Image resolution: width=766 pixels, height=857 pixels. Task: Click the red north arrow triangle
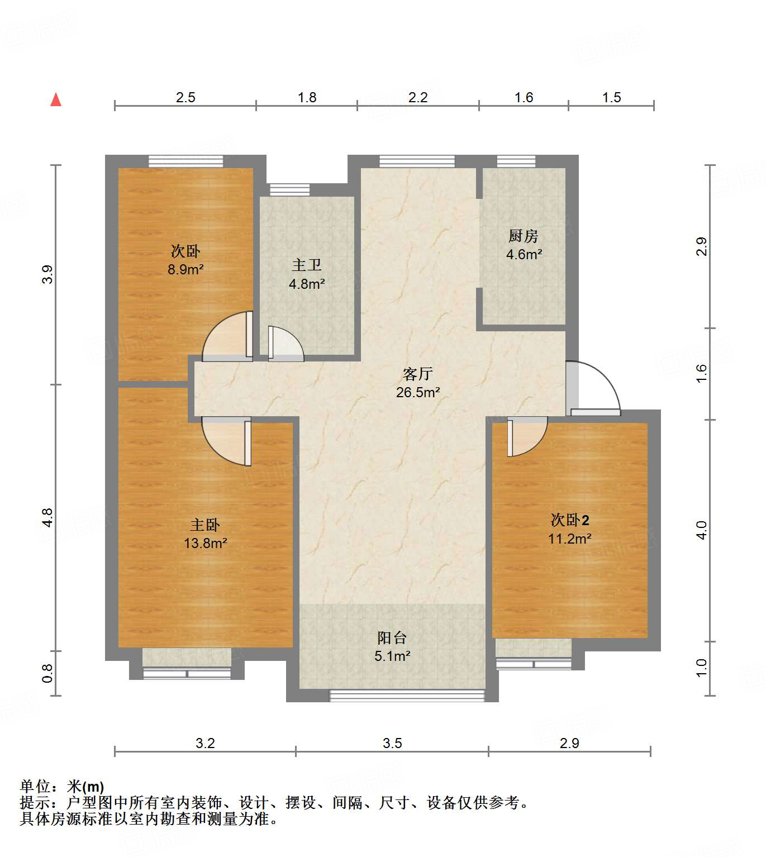point(56,100)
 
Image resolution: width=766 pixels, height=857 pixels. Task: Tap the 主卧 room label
point(205,525)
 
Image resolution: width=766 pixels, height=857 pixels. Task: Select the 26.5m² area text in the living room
point(418,392)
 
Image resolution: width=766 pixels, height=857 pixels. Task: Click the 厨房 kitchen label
point(524,236)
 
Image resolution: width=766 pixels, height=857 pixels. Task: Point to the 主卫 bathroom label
point(307,265)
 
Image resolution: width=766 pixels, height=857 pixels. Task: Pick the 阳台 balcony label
point(392,637)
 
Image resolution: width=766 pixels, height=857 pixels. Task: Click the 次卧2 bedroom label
point(570,520)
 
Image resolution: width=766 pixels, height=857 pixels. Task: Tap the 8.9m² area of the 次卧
point(185,269)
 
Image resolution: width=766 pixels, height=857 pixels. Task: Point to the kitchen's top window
point(516,161)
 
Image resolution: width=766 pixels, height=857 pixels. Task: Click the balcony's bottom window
point(407,696)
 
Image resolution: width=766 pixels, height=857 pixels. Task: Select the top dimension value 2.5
point(185,97)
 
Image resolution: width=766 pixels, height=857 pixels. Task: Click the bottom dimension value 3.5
point(392,743)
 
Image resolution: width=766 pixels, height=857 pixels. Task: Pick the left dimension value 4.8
point(47,517)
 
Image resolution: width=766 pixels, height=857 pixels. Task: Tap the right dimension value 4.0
point(702,530)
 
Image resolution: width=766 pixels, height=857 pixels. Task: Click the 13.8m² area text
point(206,543)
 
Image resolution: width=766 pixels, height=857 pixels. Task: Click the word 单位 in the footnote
point(35,787)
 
